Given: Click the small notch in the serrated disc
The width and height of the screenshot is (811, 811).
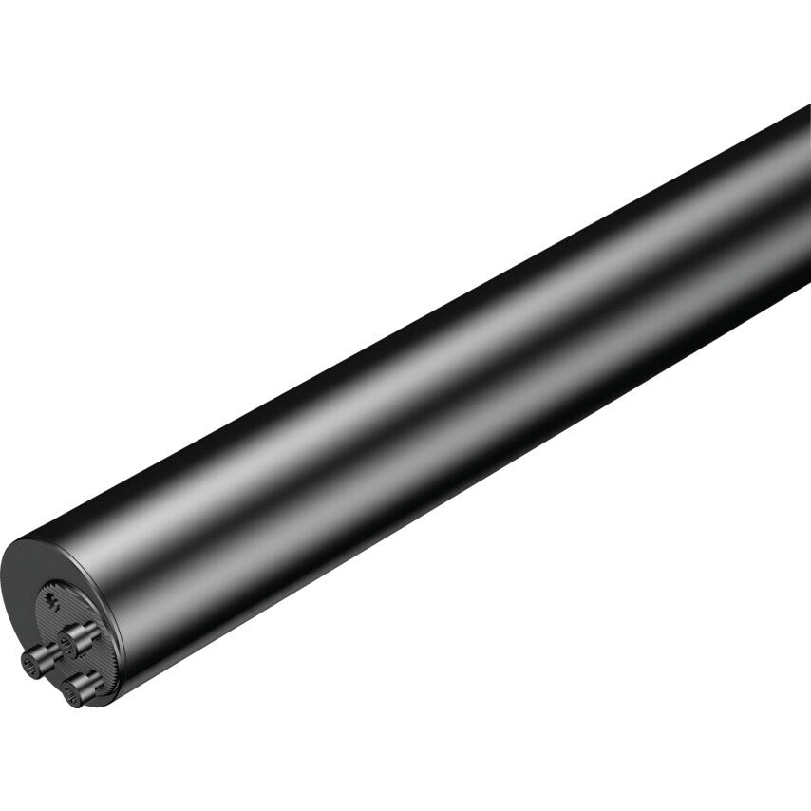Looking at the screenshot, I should click(x=52, y=600).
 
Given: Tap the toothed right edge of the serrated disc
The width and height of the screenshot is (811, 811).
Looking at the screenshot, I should click(x=115, y=646).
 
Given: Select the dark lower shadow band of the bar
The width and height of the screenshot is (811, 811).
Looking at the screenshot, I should click(x=475, y=456).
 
